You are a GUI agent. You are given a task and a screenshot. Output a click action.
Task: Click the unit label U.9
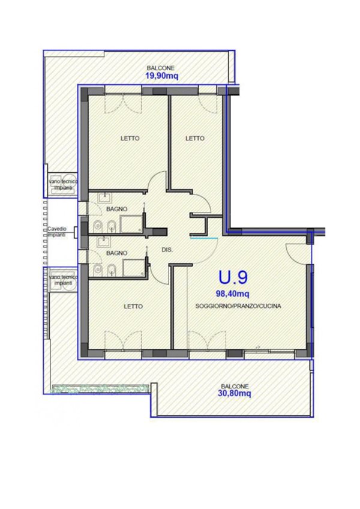233,277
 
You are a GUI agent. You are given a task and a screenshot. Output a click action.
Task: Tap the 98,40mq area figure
233,294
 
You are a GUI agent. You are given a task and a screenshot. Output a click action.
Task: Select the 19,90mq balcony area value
161,76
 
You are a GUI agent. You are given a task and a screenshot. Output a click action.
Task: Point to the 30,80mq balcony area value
234,394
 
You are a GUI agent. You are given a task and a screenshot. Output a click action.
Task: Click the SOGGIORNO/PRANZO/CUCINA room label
238,306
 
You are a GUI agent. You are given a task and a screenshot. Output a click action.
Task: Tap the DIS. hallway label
167,250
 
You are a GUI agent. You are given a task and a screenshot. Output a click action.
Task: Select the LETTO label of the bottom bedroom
133,307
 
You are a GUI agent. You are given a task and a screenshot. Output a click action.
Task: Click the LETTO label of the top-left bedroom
130,138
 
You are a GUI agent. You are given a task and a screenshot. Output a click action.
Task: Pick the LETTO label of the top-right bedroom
195,138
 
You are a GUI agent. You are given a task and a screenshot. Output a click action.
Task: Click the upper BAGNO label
117,209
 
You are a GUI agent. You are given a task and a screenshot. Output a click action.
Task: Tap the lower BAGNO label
117,253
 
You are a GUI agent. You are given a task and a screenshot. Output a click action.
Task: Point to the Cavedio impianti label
57,232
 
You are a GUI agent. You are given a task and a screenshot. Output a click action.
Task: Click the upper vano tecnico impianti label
63,184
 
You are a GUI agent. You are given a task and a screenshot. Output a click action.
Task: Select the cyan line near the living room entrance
204,238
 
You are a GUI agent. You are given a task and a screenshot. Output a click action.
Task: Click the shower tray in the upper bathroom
131,224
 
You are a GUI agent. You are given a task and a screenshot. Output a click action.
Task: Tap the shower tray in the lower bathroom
133,268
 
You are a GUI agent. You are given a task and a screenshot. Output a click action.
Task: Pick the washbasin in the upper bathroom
104,197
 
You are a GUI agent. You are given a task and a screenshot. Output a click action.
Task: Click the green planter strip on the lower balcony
100,388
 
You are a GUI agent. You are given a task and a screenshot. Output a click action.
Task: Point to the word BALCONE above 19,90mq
161,68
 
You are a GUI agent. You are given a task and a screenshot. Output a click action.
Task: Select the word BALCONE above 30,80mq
235,387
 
